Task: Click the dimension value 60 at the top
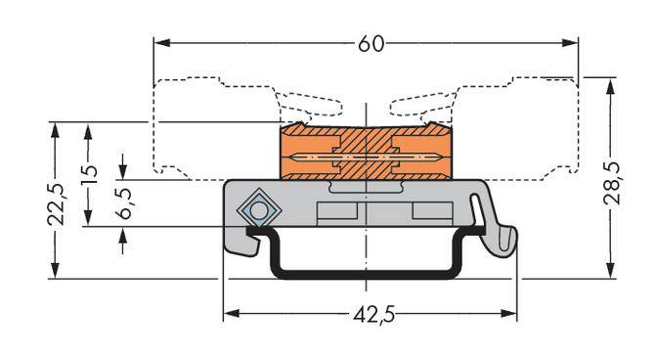click(368, 44)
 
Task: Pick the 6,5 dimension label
click(124, 202)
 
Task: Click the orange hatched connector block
click(368, 155)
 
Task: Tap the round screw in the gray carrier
click(259, 209)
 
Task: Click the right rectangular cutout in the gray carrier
click(430, 212)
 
